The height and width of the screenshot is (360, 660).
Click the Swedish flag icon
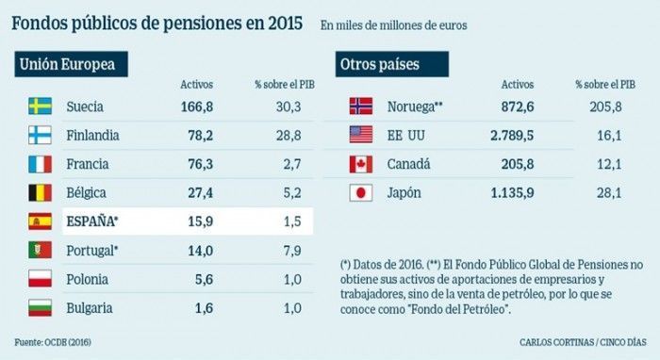tap(40, 106)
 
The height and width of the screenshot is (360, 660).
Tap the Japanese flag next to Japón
tap(361, 193)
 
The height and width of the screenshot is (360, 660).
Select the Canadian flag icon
tap(361, 164)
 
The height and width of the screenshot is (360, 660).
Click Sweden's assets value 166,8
tap(196, 106)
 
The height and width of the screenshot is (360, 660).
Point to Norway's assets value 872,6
tap(518, 106)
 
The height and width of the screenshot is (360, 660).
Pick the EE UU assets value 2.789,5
tap(512, 136)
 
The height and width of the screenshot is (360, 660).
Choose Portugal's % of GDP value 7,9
tap(292, 251)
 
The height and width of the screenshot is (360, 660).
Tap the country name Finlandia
tap(92, 136)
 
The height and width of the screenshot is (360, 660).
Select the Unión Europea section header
tap(71, 64)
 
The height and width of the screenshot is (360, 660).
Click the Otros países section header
tap(392, 64)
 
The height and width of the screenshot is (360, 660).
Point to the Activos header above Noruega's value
tap(518, 85)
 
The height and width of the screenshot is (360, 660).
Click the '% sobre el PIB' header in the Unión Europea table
tap(285, 85)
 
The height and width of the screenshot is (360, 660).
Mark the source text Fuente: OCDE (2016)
tap(53, 342)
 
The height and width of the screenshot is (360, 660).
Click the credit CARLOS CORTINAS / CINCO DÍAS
tap(583, 342)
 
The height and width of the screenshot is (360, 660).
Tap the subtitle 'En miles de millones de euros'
tap(393, 25)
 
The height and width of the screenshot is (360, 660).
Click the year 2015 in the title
tap(286, 24)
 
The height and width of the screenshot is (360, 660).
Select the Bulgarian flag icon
tap(40, 308)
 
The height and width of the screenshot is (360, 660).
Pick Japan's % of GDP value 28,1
tap(609, 193)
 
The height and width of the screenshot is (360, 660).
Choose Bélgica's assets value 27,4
tap(200, 193)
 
